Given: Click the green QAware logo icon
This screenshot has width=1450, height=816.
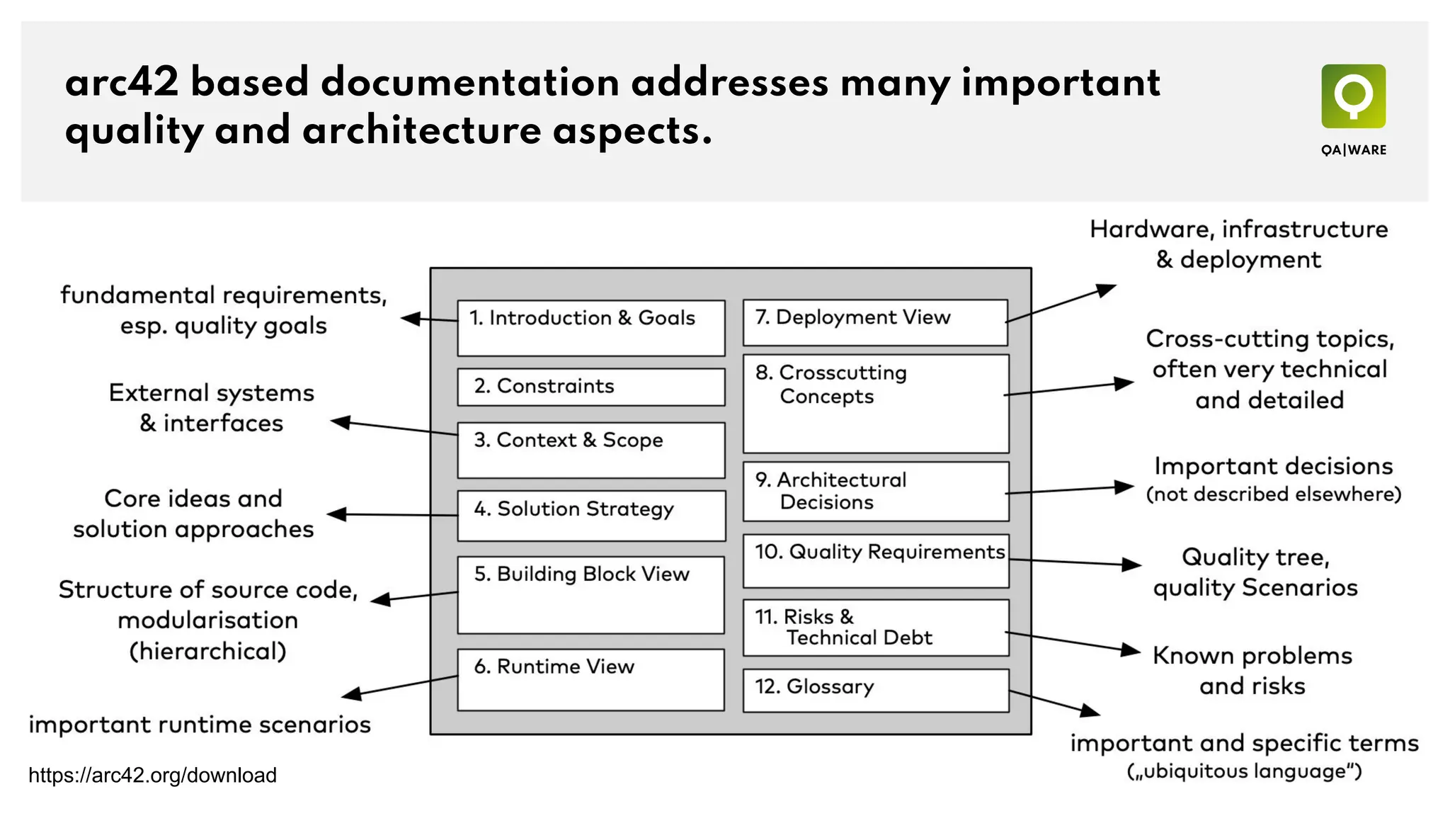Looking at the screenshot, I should (1353, 96).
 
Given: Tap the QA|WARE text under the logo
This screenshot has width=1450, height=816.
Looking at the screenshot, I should (1353, 150).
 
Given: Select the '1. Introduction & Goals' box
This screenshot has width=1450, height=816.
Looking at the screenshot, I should (591, 328).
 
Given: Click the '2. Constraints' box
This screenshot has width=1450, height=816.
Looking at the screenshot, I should (591, 387).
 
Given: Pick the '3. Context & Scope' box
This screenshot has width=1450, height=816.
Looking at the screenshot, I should (591, 450).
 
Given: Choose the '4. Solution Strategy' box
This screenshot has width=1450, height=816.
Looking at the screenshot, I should (591, 516).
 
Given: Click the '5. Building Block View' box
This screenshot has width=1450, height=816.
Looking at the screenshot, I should (591, 595).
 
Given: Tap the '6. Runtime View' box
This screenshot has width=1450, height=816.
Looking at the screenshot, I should (591, 680).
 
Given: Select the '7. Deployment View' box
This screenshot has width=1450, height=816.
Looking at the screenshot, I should (875, 322).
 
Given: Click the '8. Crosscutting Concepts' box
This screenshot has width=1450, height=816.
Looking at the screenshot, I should (876, 404).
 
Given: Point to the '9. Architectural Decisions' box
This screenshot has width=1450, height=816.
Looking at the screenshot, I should (876, 492).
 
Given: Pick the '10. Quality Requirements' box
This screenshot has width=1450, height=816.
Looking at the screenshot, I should (876, 561).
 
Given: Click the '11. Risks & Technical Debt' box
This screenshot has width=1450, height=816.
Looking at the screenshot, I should (876, 628).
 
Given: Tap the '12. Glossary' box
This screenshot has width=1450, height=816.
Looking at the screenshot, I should (876, 690).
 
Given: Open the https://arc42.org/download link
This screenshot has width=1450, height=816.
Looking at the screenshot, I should (152, 776).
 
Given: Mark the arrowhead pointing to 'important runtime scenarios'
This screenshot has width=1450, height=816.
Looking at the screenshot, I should (350, 694).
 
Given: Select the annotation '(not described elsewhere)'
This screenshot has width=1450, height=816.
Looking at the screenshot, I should (1273, 494).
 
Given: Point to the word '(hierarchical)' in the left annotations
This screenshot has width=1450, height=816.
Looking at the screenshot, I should (207, 651).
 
